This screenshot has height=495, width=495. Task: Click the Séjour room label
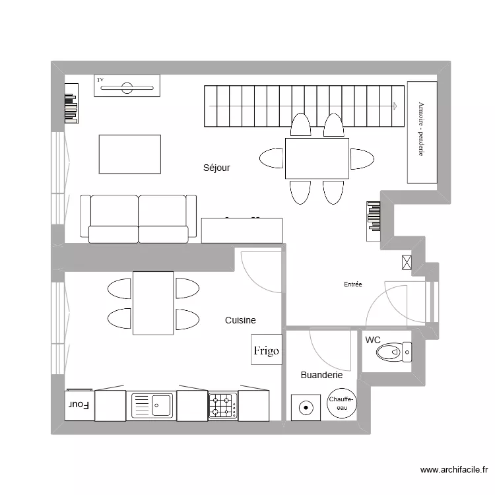(216, 168)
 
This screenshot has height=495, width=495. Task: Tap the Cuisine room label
(240, 320)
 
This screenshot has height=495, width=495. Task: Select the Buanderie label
(321, 375)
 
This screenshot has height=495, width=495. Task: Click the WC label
(373, 341)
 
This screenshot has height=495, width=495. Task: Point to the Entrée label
(353, 284)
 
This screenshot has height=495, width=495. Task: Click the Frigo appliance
(267, 350)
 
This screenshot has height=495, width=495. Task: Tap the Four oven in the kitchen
(79, 405)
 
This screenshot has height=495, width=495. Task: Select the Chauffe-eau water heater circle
(341, 404)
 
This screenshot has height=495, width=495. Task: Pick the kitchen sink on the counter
(152, 405)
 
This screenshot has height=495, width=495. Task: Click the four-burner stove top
(223, 405)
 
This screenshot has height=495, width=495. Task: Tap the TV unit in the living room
(127, 86)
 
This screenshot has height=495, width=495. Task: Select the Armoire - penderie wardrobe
(422, 132)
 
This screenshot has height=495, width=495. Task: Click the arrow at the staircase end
(395, 106)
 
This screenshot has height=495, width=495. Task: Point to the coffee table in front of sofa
(129, 154)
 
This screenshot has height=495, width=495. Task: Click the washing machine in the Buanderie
(306, 407)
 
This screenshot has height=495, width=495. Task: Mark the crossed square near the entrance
(407, 263)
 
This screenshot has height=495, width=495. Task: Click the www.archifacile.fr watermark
(454, 471)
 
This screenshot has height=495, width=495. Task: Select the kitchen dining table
(153, 303)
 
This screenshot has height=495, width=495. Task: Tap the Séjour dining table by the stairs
(317, 158)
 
